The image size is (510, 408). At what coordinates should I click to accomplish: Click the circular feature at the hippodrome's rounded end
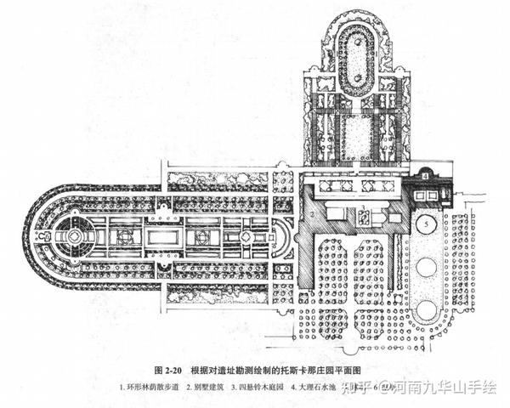(x=73, y=235)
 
